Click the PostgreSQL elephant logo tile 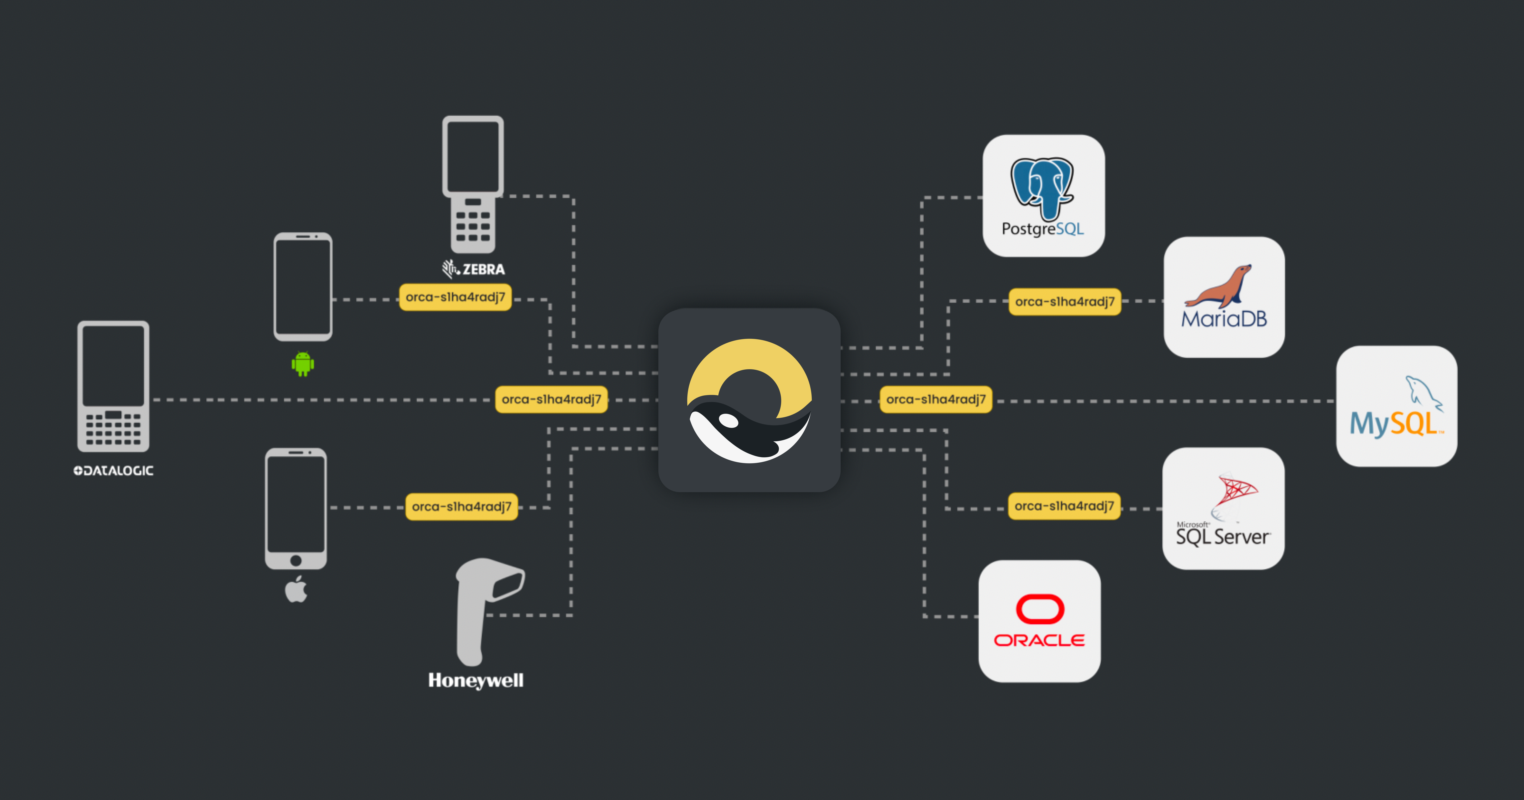point(1043,196)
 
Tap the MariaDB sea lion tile point(1224,297)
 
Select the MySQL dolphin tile point(1396,406)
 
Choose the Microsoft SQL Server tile point(1223,509)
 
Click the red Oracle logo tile point(1039,621)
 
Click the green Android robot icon point(302,364)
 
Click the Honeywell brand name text point(476,680)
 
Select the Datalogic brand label point(114,471)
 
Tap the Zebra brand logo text point(474,269)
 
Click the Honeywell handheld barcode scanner point(485,609)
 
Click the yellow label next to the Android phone point(455,297)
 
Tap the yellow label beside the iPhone point(462,507)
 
